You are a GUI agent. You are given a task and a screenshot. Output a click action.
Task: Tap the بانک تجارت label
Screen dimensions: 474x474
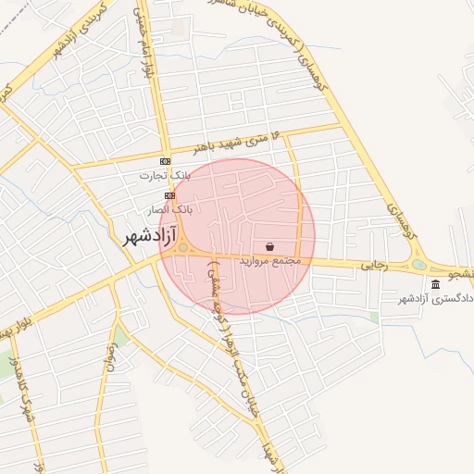click(x=164, y=175)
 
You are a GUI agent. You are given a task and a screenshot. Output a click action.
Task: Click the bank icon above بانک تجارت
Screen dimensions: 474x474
click(x=165, y=161)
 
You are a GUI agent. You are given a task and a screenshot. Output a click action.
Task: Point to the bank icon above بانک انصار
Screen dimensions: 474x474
click(x=169, y=195)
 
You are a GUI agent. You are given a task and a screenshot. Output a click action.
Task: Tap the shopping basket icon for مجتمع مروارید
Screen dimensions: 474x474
click(x=269, y=247)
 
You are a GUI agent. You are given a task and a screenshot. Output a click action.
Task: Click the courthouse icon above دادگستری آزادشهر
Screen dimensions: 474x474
click(x=436, y=283)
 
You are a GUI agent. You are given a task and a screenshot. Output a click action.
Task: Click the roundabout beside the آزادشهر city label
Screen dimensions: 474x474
click(x=184, y=247)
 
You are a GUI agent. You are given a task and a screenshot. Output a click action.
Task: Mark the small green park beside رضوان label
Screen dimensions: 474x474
click(x=121, y=335)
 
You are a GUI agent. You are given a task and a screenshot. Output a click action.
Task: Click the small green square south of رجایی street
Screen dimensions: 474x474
click(x=374, y=317)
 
